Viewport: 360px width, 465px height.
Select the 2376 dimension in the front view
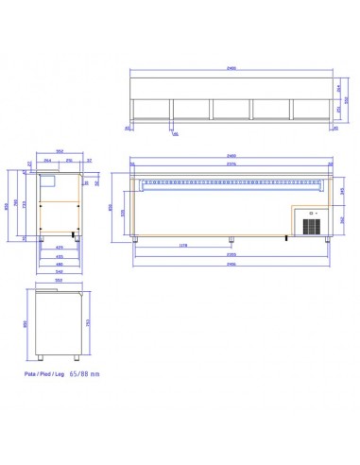click(x=231, y=164)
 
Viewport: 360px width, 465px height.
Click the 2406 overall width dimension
click(x=231, y=264)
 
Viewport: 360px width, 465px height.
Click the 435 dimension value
click(x=60, y=255)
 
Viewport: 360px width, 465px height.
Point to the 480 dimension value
click(x=60, y=263)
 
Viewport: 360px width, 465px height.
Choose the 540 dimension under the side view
click(x=60, y=271)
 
